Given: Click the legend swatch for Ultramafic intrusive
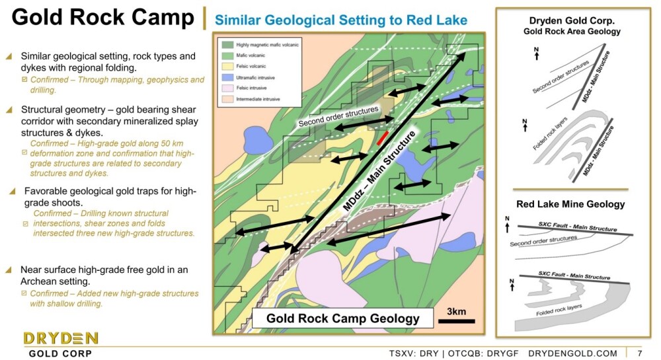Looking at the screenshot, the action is pos(227,77).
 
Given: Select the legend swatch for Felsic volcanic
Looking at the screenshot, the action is pos(227,66).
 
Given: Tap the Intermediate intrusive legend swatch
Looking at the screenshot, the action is pos(227,99).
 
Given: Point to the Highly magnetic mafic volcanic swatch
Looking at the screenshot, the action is pos(227,45).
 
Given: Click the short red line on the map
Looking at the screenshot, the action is pos(382,137).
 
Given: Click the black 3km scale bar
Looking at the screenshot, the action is pos(457,321).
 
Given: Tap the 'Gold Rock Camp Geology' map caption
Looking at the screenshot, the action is pos(342,318).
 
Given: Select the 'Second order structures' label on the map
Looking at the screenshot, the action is pos(338,116).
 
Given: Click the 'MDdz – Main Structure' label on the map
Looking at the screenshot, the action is pos(379,171).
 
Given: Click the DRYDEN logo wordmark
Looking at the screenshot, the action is pos(61,338).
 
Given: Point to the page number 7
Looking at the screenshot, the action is pos(640,353).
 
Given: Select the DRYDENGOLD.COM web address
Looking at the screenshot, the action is pos(572,353).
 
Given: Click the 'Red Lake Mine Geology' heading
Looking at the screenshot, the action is pos(571,204).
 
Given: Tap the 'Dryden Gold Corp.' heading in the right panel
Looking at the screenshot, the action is pos(572,20).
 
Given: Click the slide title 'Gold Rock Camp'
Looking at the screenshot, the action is pos(103,17).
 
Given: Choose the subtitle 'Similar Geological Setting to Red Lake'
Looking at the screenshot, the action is pos(341,20).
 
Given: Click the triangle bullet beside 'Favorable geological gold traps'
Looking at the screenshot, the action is pos(13,192).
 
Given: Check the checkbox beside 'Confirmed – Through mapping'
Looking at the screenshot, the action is pos(24,79).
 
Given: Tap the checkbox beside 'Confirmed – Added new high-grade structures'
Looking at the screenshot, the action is pos(24,293).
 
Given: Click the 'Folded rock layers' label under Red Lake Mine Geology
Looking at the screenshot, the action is pos(559,310).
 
